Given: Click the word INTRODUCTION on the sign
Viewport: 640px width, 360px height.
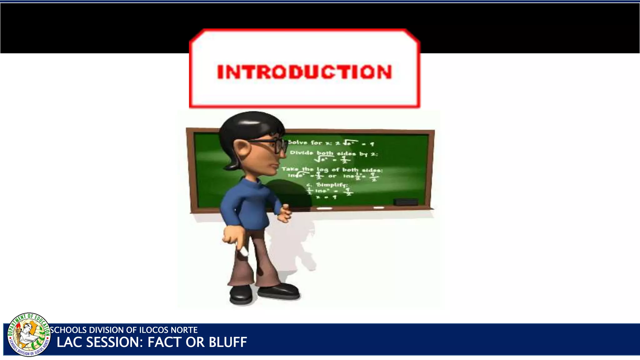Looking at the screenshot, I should coord(304,72).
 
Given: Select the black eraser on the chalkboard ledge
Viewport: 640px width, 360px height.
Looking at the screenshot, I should coord(406,202).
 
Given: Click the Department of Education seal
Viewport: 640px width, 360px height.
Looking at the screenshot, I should coord(29,334).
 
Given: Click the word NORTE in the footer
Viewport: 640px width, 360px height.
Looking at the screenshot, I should coord(184,330).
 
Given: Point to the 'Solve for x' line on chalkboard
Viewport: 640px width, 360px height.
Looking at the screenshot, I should coord(331,143).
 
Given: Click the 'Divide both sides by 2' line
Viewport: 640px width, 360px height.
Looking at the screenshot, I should coord(334,153).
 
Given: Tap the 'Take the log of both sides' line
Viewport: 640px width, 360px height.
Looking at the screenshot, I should coord(332,169).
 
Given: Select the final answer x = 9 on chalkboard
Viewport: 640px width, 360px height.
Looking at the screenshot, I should coord(326,197).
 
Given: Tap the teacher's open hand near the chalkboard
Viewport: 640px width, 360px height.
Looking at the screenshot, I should coord(284,213).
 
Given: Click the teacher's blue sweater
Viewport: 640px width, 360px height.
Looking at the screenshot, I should coord(247,203).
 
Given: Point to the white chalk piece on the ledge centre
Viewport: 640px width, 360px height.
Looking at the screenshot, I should coord(324,208).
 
